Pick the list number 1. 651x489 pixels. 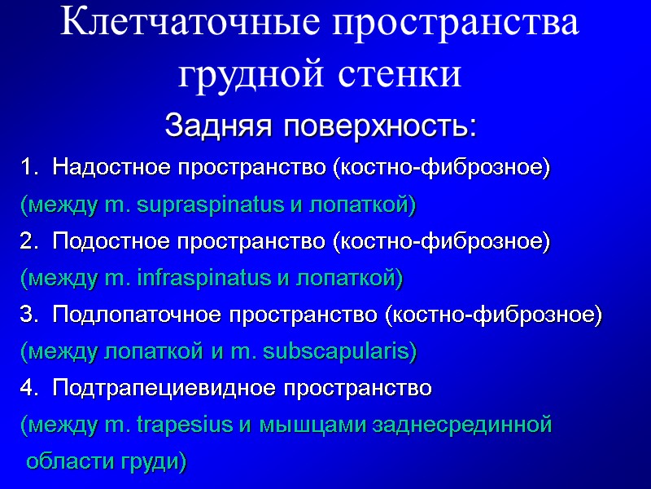[28, 168]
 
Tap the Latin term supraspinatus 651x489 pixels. [209, 206]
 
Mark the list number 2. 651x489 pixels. [28, 242]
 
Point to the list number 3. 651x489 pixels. [28, 315]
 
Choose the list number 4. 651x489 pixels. [28, 389]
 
